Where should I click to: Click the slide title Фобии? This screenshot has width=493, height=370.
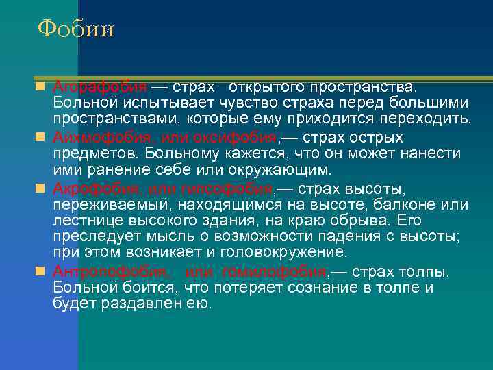coord(76,29)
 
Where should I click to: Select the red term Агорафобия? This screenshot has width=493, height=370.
coord(99,88)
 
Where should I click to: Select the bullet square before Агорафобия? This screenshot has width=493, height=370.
coord(41,88)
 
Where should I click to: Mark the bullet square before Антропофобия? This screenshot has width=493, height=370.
coord(41,272)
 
